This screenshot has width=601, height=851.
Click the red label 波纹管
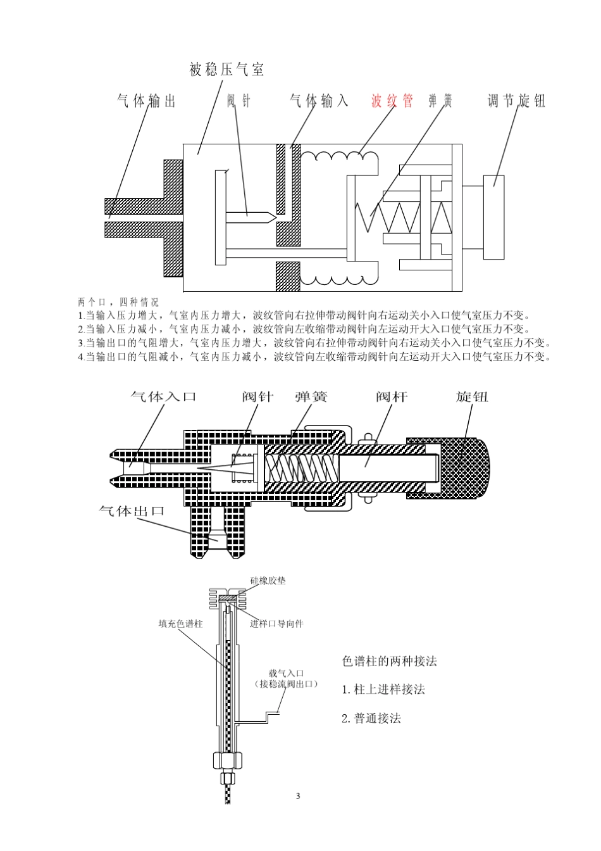tap(392, 101)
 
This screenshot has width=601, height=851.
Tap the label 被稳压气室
tap(226, 70)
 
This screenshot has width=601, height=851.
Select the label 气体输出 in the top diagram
tap(146, 101)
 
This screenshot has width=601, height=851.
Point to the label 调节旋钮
tap(516, 101)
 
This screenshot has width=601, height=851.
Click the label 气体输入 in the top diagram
tap(319, 101)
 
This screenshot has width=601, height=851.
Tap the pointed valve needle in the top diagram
tap(252, 217)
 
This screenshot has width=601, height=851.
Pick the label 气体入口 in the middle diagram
tap(163, 397)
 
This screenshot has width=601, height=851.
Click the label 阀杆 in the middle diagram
tap(392, 397)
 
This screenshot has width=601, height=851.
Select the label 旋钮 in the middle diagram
tap(472, 397)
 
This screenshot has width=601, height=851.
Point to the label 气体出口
tap(132, 510)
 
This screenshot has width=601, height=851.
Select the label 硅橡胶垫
tap(268, 580)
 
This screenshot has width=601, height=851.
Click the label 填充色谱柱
tap(180, 624)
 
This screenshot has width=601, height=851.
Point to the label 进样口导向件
tap(276, 624)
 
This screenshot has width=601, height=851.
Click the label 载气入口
tap(287, 673)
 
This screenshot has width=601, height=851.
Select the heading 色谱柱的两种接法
tap(389, 661)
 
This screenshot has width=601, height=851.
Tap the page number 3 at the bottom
tap(298, 796)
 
